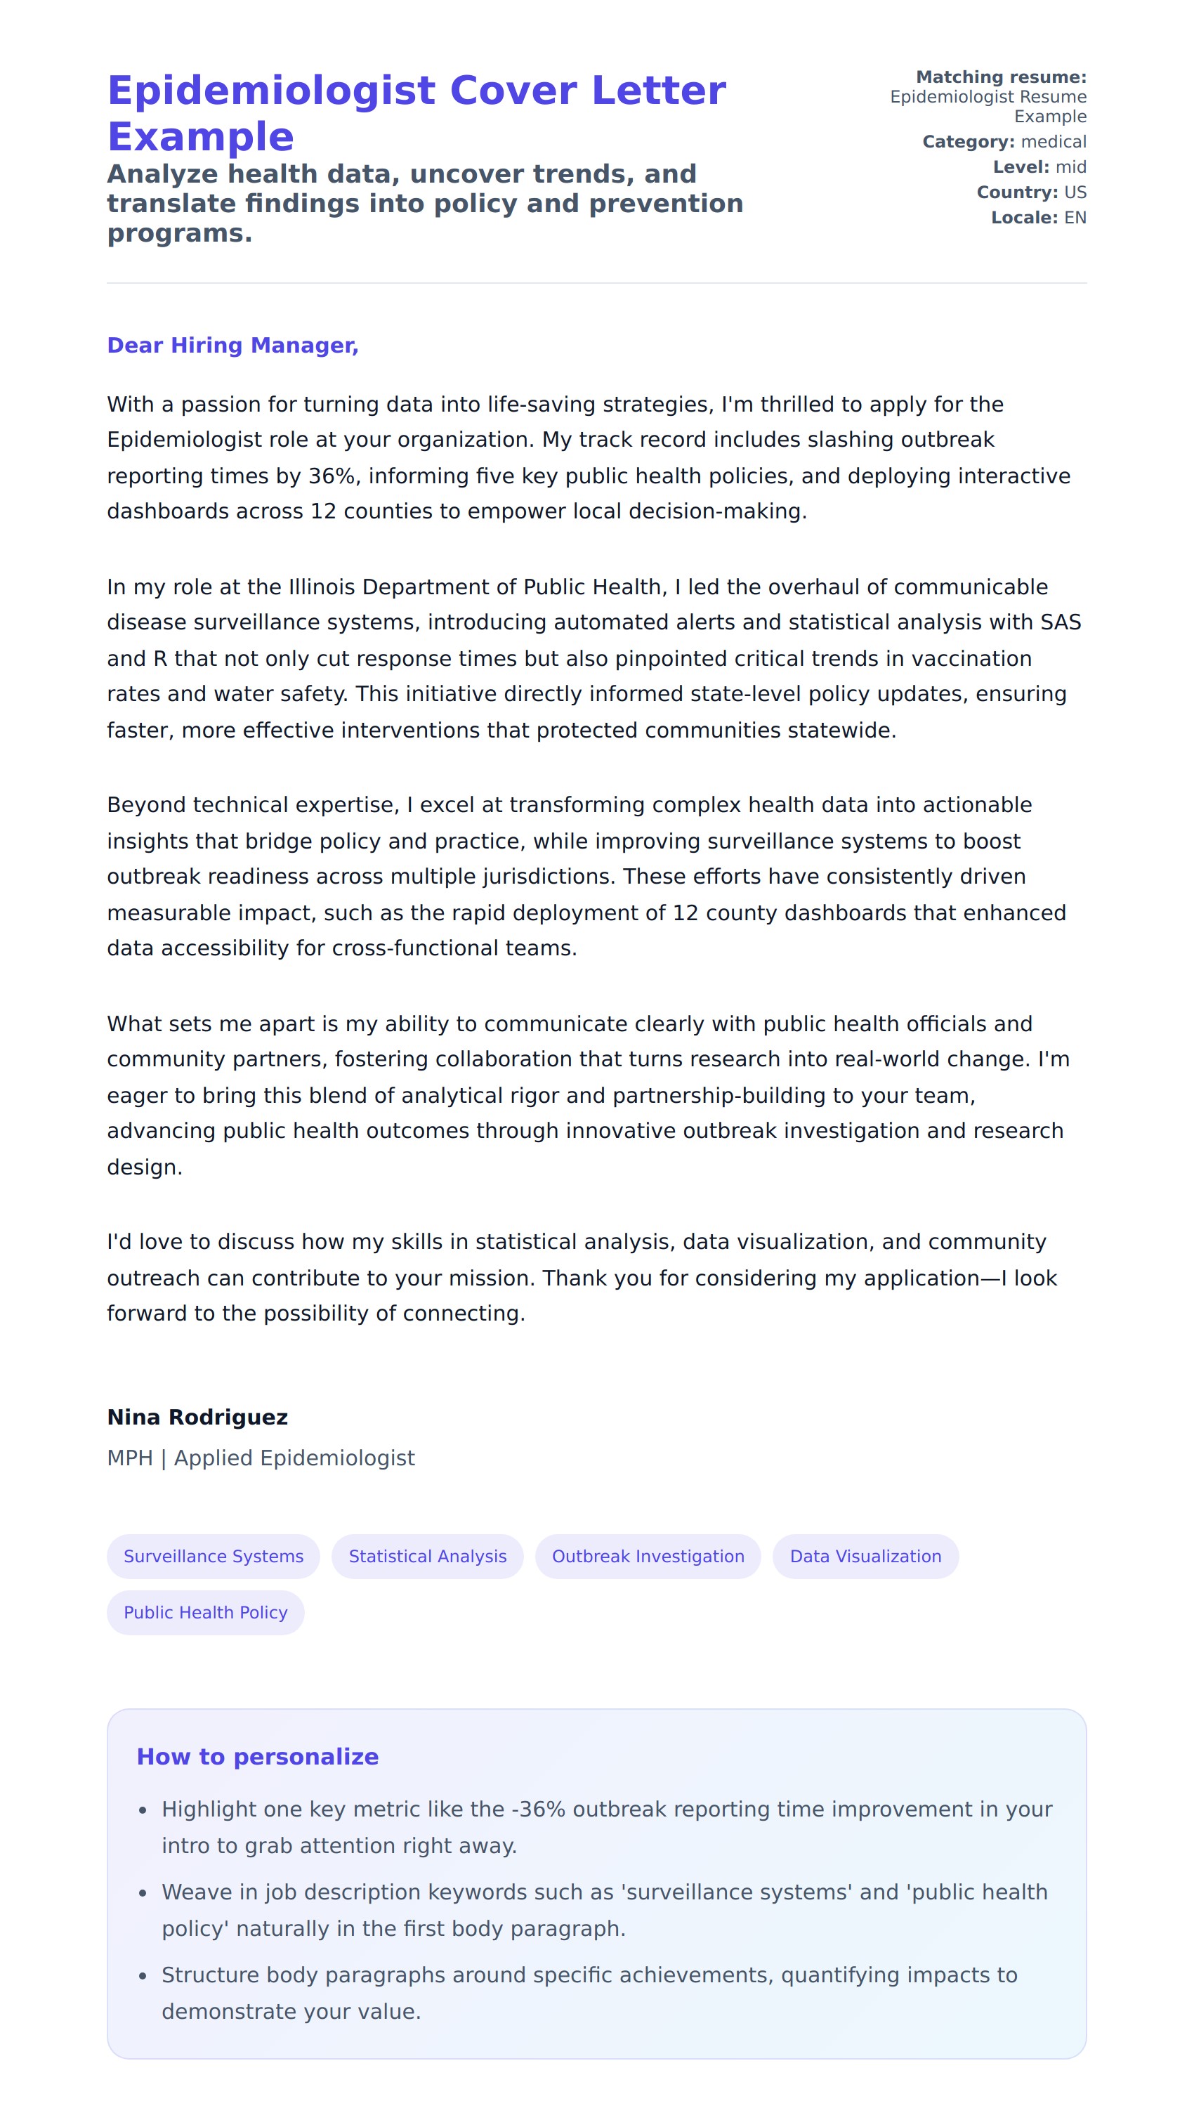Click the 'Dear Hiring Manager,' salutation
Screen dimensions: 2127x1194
pos(232,345)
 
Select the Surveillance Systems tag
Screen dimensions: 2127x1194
pos(213,1556)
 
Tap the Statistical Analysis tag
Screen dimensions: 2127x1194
pos(427,1556)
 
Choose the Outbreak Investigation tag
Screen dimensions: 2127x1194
pos(648,1556)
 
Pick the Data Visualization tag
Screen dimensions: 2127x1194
pos(865,1556)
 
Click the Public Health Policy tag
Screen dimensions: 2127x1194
pos(206,1612)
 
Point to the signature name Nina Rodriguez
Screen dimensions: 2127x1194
pos(197,1417)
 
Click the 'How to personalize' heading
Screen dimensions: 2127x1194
pos(258,1756)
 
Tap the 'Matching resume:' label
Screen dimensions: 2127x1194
pos(1001,77)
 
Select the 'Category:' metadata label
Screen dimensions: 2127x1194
pos(968,142)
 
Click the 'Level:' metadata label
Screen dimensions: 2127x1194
pos(1021,166)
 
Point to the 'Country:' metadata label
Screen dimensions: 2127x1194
pos(1016,192)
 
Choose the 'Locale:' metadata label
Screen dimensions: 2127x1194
pos(1024,218)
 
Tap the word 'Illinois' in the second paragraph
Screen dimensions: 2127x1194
pos(321,587)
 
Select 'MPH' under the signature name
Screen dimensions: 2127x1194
pos(130,1458)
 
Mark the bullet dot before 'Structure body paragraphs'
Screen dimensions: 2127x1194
pos(143,1976)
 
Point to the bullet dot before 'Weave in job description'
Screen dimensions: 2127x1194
pos(143,1892)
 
